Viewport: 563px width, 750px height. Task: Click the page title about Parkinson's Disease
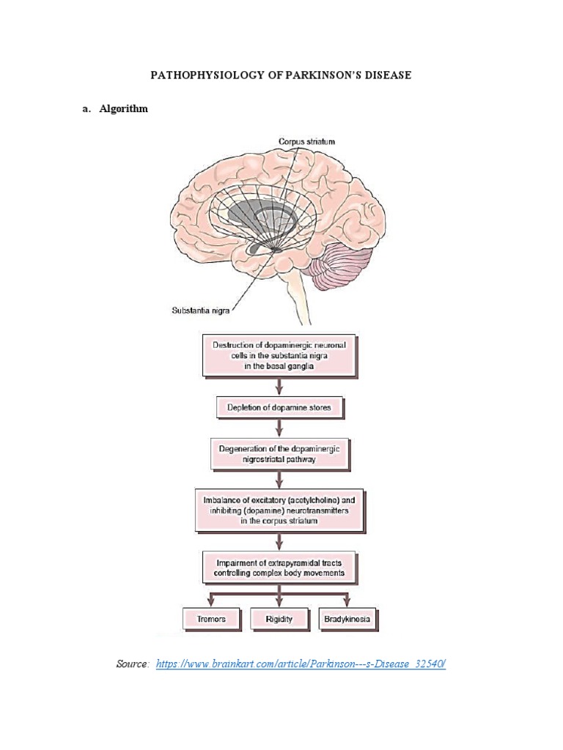pos(281,75)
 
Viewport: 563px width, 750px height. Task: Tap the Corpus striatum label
pos(306,141)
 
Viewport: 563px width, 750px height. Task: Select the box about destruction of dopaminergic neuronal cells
pos(279,355)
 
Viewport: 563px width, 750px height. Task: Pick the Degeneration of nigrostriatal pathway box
pos(279,453)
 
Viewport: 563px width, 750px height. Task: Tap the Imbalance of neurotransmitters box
pos(279,510)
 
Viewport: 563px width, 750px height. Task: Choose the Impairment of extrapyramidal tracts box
pos(279,567)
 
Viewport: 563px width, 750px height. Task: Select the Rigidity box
pos(279,619)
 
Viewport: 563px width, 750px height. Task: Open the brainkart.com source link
pos(301,664)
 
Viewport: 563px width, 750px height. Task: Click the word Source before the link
pos(133,664)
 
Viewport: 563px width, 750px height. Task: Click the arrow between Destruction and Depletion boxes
pos(279,386)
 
